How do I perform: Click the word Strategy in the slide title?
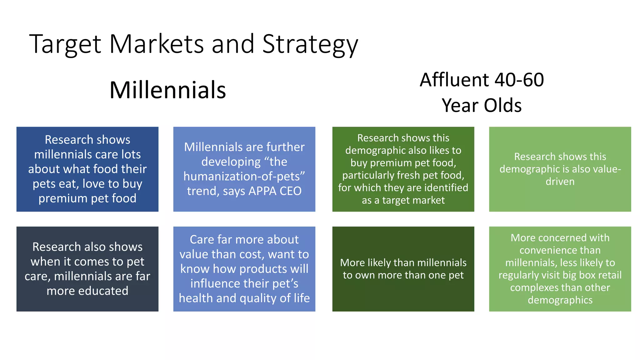coord(310,44)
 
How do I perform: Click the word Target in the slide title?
coord(65,44)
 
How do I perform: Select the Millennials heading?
coord(167,90)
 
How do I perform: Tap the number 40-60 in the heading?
coord(519,80)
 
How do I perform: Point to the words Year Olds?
coord(482,105)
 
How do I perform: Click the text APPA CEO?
coord(275,191)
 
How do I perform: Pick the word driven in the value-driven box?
coord(560,182)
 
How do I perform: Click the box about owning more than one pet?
coord(403,269)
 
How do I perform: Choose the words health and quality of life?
coord(244,298)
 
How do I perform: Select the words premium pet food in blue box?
coord(87,198)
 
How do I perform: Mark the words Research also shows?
coord(87,247)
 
